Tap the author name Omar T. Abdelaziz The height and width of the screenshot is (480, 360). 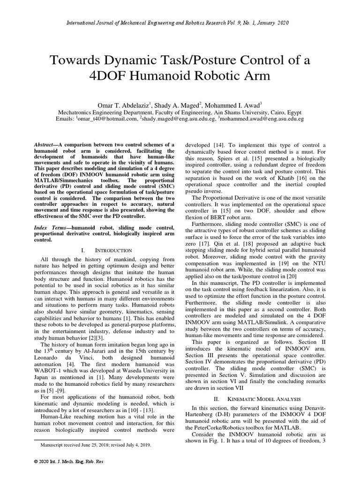tap(119, 105)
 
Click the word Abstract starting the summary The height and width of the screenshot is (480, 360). tap(46, 146)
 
